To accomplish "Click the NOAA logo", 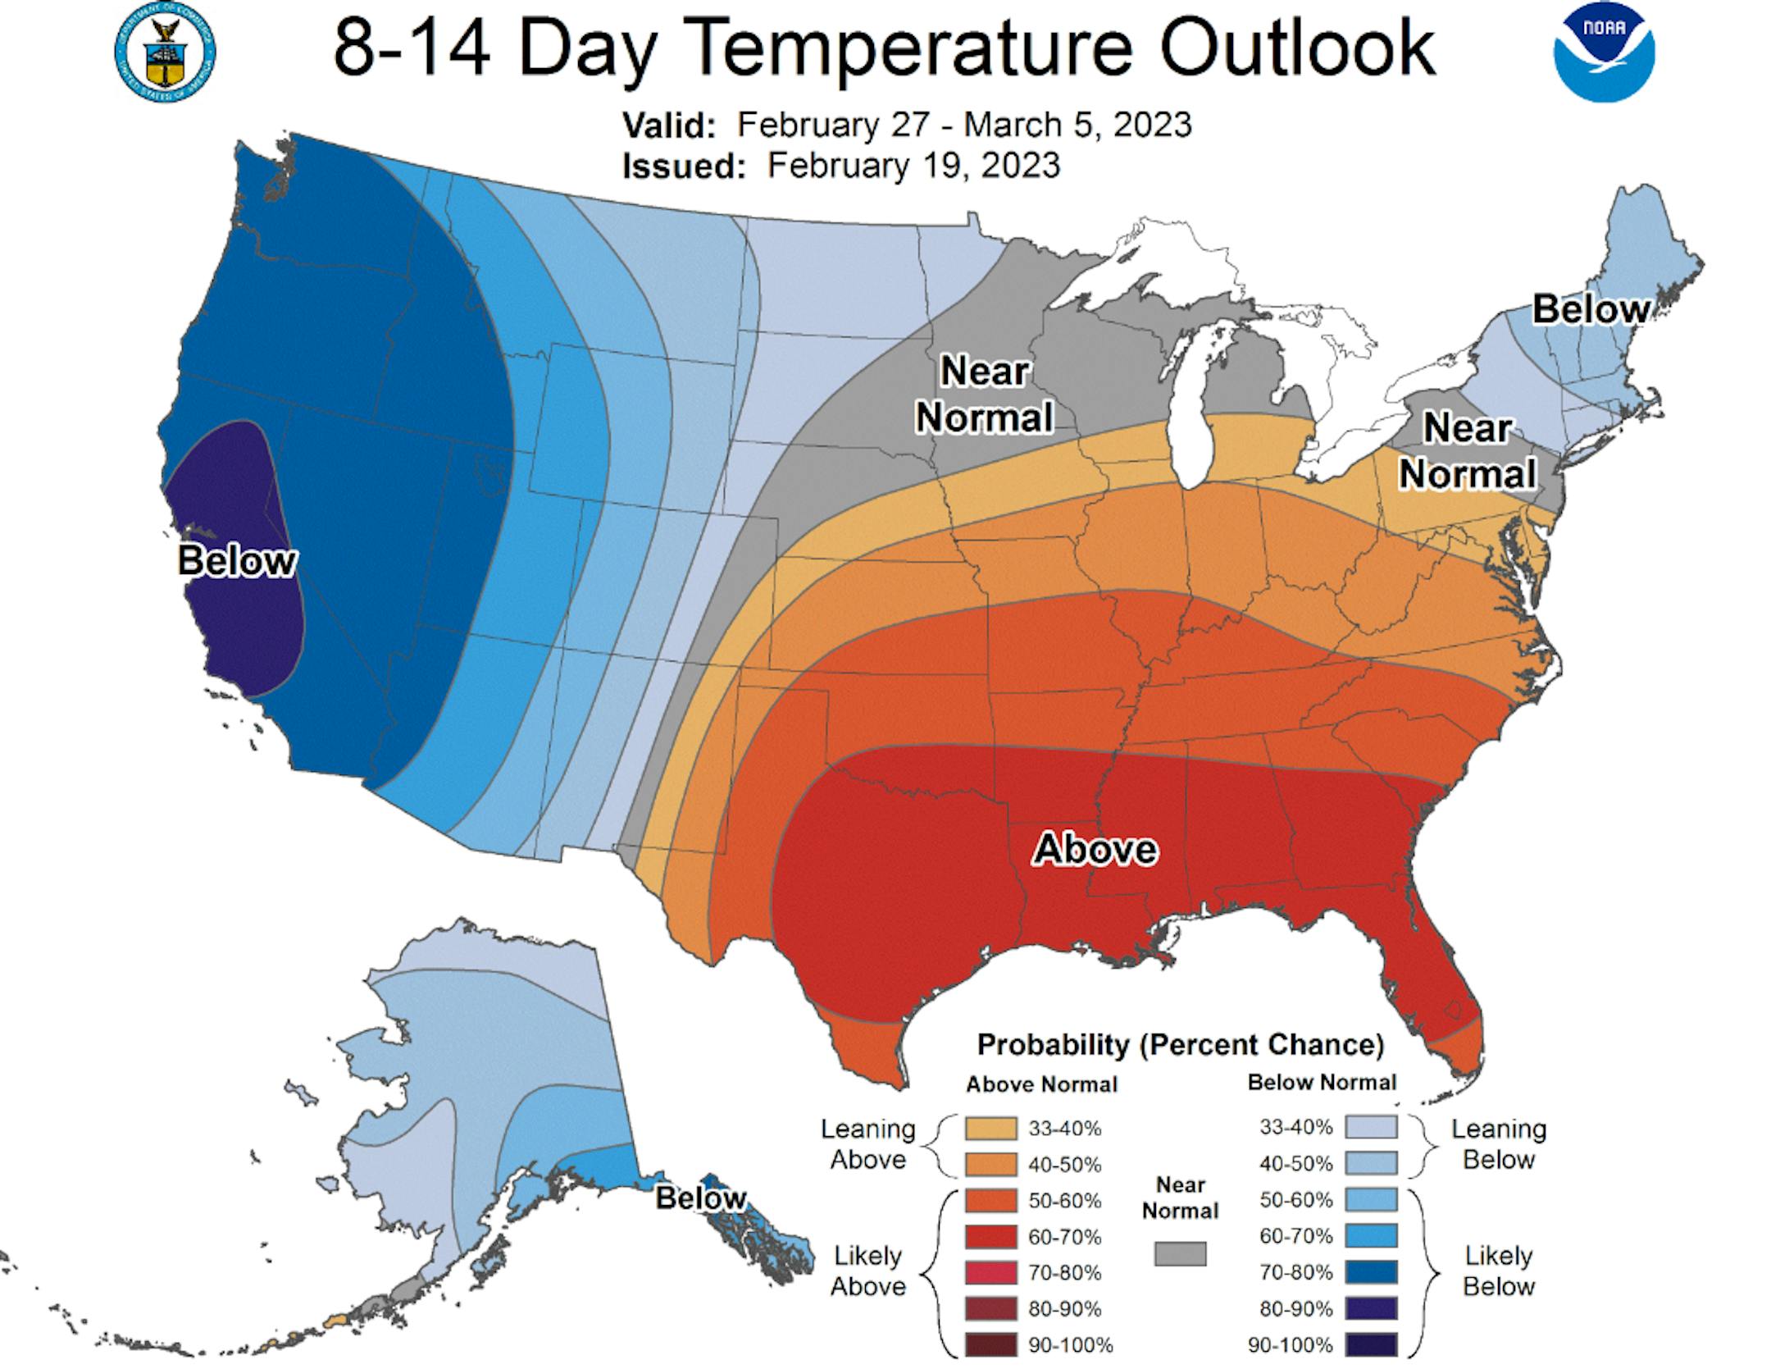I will point(1604,52).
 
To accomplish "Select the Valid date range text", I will point(963,125).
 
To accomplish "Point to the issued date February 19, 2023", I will point(913,166).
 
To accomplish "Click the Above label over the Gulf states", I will point(1095,849).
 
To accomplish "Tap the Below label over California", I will point(237,561).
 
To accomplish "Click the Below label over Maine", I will point(1591,309).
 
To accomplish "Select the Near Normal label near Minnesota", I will point(984,395).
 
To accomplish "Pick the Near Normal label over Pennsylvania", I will point(1467,451).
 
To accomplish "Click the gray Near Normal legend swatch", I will point(1180,1254).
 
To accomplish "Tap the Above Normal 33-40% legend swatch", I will point(990,1129).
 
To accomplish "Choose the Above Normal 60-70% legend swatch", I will point(990,1237).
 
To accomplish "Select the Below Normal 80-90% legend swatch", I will point(1371,1309).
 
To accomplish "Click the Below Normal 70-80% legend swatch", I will point(1371,1273).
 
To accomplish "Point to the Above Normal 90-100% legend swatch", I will point(990,1345).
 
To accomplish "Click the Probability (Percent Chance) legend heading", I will point(1181,1045).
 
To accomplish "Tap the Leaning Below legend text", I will point(1498,1144).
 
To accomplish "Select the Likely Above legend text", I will point(867,1271).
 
